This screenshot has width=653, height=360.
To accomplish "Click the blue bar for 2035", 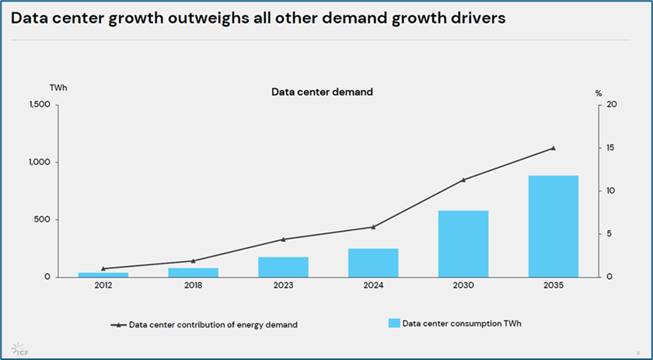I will tap(553, 226).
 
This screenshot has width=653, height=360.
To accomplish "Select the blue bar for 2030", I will tap(463, 243).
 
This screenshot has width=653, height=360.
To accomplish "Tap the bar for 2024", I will tap(373, 263).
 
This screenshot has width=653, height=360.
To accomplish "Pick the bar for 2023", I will tap(283, 267).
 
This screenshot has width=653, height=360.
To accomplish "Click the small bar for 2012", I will tap(103, 274).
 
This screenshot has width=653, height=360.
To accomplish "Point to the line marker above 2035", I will tap(553, 148).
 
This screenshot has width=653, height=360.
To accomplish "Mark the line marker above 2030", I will tap(463, 180).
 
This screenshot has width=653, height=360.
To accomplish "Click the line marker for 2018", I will tap(193, 260).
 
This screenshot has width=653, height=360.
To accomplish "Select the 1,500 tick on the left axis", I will tap(38, 105).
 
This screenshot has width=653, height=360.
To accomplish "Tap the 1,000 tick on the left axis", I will tap(38, 163).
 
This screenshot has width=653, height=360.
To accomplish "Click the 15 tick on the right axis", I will tap(610, 148).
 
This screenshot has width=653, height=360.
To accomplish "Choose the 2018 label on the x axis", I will tap(193, 286).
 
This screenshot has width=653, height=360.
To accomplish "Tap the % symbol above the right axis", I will tap(599, 93).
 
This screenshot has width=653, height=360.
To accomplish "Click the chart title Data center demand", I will tap(322, 92).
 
